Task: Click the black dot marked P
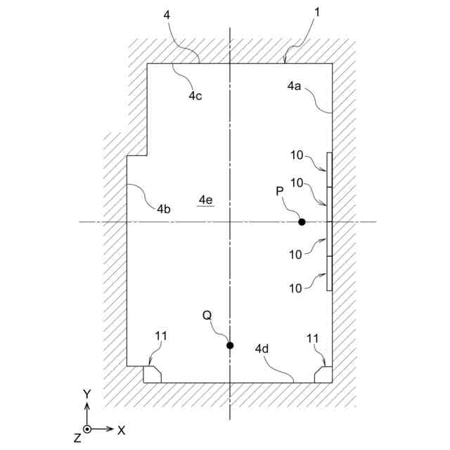[x=302, y=222]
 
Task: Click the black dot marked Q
[x=230, y=345]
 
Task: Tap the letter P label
[x=279, y=191]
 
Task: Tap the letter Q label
[x=207, y=316]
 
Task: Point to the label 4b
[x=163, y=209]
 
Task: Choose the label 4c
[x=195, y=96]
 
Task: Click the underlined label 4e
[x=205, y=200]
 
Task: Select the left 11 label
[x=161, y=336]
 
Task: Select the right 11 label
[x=313, y=338]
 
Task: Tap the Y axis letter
[x=86, y=395]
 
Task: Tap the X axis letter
[x=121, y=429]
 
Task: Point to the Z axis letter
[x=77, y=437]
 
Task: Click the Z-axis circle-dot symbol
[x=87, y=429]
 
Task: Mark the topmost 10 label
[x=297, y=154]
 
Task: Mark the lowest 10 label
[x=297, y=287]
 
